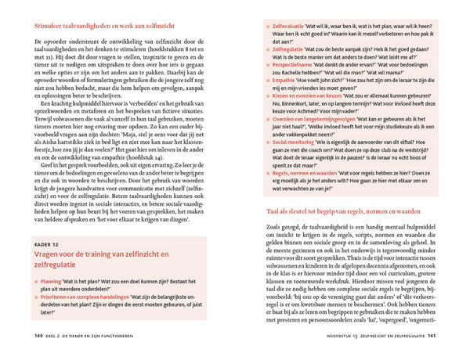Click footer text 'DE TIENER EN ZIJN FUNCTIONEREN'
click(107, 337)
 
